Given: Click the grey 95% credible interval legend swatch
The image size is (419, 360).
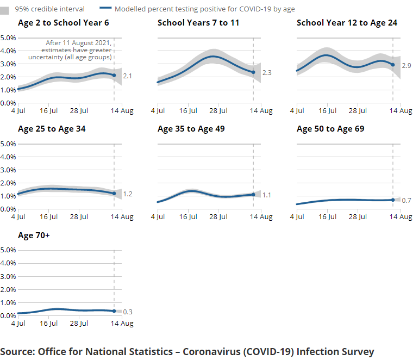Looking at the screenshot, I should click(x=5, y=10).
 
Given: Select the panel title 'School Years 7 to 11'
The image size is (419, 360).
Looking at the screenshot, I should click(x=198, y=23).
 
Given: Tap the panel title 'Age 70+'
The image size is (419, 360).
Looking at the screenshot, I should click(x=34, y=235).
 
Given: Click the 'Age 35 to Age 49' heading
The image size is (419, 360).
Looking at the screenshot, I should click(x=191, y=129).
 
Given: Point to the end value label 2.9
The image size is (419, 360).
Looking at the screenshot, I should click(x=406, y=65).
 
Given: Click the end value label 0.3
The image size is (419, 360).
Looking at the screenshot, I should click(x=128, y=312).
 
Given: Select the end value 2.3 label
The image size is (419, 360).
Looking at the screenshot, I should click(x=267, y=73).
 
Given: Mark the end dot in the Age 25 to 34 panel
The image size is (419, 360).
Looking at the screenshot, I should click(x=114, y=194).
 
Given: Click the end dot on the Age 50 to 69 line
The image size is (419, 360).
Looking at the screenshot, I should click(x=393, y=200).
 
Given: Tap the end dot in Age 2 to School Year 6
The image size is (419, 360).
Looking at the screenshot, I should click(x=114, y=76).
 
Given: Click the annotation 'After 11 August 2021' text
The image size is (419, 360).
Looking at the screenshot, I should click(x=79, y=43).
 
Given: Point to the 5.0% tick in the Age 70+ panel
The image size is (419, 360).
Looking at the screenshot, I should click(x=8, y=250).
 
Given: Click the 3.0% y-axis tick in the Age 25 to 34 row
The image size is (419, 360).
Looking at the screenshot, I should click(x=8, y=170).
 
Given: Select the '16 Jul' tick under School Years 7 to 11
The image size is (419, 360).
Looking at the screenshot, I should click(x=188, y=111).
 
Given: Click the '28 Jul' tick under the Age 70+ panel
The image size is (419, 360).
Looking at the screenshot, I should click(x=79, y=324).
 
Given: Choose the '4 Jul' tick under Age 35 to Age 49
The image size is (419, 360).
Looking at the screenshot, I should click(x=158, y=217).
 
